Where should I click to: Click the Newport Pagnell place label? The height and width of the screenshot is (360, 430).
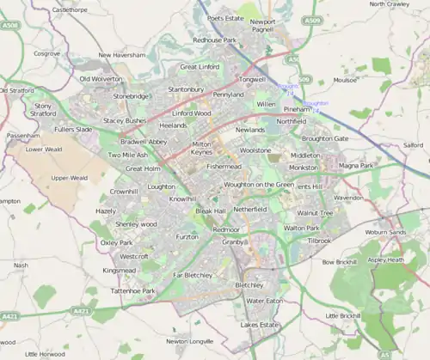(x=263, y=26)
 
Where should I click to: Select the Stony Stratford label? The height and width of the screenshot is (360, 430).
(x=43, y=109)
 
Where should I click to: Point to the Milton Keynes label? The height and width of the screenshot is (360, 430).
(x=201, y=148)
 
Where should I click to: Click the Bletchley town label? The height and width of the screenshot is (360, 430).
(x=249, y=284)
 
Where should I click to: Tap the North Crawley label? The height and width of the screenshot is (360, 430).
(x=389, y=4)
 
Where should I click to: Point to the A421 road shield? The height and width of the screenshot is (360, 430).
(x=10, y=316)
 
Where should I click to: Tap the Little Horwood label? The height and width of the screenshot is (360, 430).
(x=44, y=353)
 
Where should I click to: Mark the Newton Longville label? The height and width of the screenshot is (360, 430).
(x=189, y=341)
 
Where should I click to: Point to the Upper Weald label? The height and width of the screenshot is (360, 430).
(x=69, y=178)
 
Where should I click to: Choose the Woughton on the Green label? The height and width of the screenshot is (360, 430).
(x=258, y=185)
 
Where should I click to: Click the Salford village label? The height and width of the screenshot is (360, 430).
(x=413, y=146)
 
